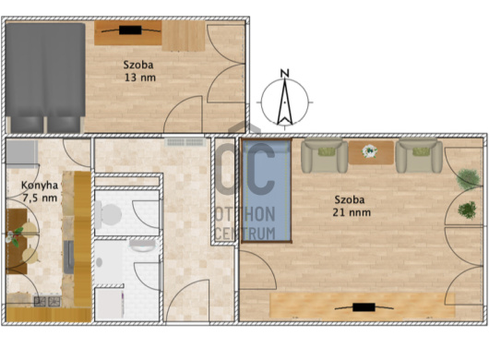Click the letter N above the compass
click(x=285, y=73)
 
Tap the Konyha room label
click(x=40, y=186)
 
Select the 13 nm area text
click(x=140, y=78)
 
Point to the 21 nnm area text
click(x=352, y=212)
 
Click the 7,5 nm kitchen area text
click(x=40, y=198)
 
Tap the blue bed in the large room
click(x=267, y=190)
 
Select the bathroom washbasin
click(x=142, y=246)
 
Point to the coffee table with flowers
click(x=371, y=152)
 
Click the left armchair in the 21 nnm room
click(x=325, y=156)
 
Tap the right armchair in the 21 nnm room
click(x=419, y=156)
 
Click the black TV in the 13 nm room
click(x=130, y=30)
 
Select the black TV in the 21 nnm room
click(x=364, y=307)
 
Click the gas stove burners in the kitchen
click(x=47, y=301)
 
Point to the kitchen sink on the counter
click(x=69, y=257)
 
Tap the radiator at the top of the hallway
click(x=185, y=142)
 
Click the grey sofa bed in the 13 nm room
click(x=45, y=78)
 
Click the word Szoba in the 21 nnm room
click(x=350, y=199)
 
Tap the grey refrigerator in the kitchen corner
click(x=22, y=152)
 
